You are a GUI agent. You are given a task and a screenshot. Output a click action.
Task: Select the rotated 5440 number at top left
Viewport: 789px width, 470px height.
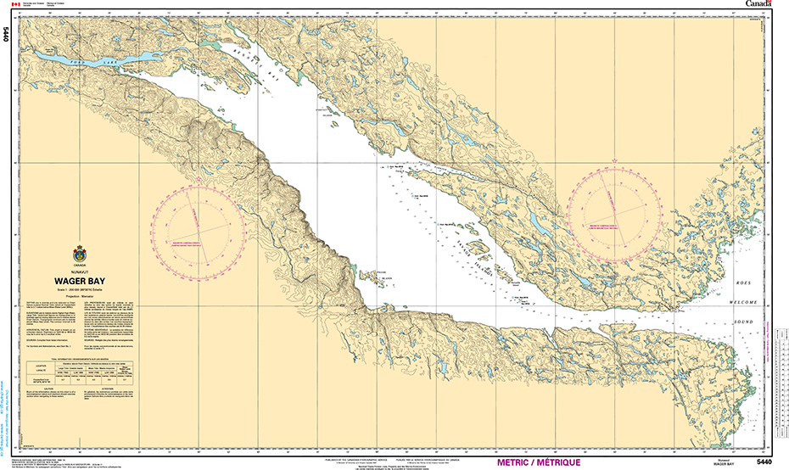point(7,35)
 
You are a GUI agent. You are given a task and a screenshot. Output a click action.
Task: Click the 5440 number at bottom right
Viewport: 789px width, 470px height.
point(763,462)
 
